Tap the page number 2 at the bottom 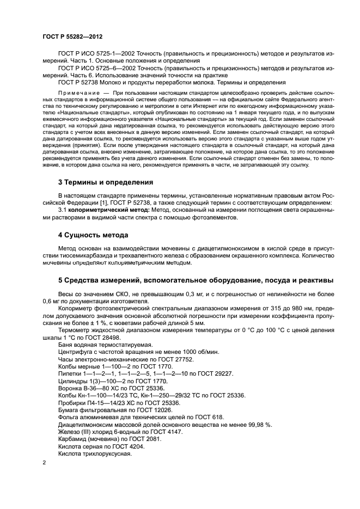(45, 462)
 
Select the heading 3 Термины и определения (106, 182)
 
